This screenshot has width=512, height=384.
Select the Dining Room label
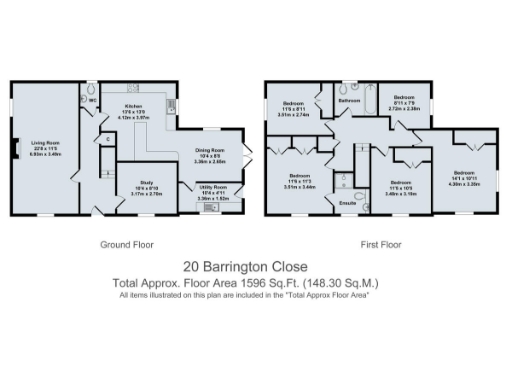coord(209,151)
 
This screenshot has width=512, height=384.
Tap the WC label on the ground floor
coord(93,100)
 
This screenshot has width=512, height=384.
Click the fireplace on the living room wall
coord(15,150)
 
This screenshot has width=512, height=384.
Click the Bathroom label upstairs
coord(349,101)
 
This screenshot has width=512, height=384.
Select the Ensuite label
coord(349,203)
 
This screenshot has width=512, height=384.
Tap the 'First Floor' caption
coord(380,244)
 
